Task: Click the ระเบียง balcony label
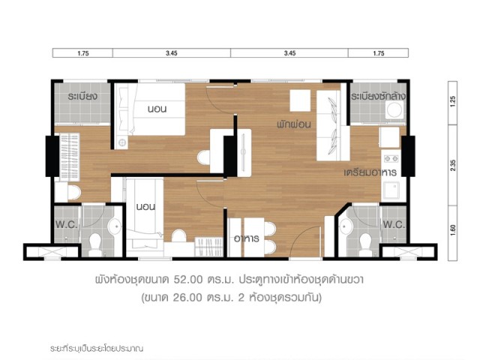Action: [82, 97]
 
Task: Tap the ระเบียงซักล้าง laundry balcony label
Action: [378, 97]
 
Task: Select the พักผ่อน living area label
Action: [294, 124]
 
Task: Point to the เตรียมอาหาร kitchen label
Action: [370, 172]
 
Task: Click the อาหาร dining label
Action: [247, 238]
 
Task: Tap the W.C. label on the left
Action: [67, 225]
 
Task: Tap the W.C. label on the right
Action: [394, 225]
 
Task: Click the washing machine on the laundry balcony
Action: [394, 109]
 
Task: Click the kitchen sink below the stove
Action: [391, 190]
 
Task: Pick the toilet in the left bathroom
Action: [95, 245]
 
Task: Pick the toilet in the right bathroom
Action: [365, 245]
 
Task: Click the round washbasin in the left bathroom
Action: [115, 226]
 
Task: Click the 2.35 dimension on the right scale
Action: [453, 166]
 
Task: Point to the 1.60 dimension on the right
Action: [453, 230]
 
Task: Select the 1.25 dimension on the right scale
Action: [453, 101]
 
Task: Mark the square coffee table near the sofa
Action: [300, 100]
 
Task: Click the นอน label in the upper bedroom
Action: [157, 109]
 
